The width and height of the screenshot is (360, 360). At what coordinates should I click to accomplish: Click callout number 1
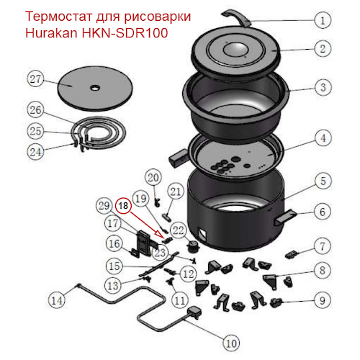pos(323,22)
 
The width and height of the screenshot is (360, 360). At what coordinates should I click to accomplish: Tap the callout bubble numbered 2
pos(323,50)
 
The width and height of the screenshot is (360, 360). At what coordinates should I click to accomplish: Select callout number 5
pos(323,181)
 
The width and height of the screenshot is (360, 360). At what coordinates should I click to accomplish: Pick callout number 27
pos(37,79)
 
